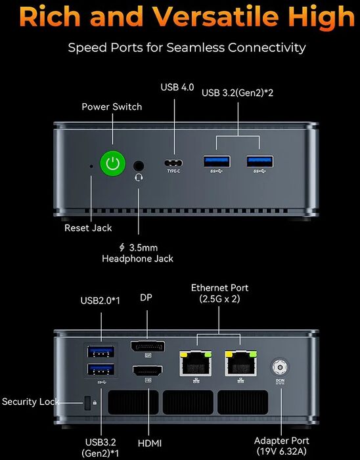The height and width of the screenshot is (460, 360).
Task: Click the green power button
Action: (113, 164)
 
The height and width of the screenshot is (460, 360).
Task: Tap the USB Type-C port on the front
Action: (173, 163)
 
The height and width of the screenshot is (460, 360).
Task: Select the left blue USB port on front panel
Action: (217, 162)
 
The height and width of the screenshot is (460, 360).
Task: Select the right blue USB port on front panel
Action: (260, 162)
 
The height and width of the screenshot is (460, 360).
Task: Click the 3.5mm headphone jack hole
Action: (139, 166)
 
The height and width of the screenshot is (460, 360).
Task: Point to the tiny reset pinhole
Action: (91, 166)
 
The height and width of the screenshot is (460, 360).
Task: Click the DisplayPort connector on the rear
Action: (148, 346)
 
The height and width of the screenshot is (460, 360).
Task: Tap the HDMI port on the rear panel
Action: (148, 371)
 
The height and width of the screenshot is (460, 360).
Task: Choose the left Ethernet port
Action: (196, 363)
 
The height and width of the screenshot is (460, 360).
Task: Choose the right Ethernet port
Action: (241, 363)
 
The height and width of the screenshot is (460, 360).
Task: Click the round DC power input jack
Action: (279, 367)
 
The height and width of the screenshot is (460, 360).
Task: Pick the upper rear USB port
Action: (101, 352)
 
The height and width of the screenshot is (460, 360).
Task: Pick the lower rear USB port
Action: (101, 369)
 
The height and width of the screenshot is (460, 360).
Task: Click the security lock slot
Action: (87, 403)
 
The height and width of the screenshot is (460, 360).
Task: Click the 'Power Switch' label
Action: (112, 106)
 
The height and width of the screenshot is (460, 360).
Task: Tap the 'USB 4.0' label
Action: (177, 87)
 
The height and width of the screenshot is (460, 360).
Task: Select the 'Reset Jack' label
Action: (88, 228)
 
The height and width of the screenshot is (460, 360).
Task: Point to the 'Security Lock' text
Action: (30, 402)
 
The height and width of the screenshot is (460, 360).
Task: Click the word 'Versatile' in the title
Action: (215, 16)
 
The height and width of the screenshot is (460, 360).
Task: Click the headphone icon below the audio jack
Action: (139, 177)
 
